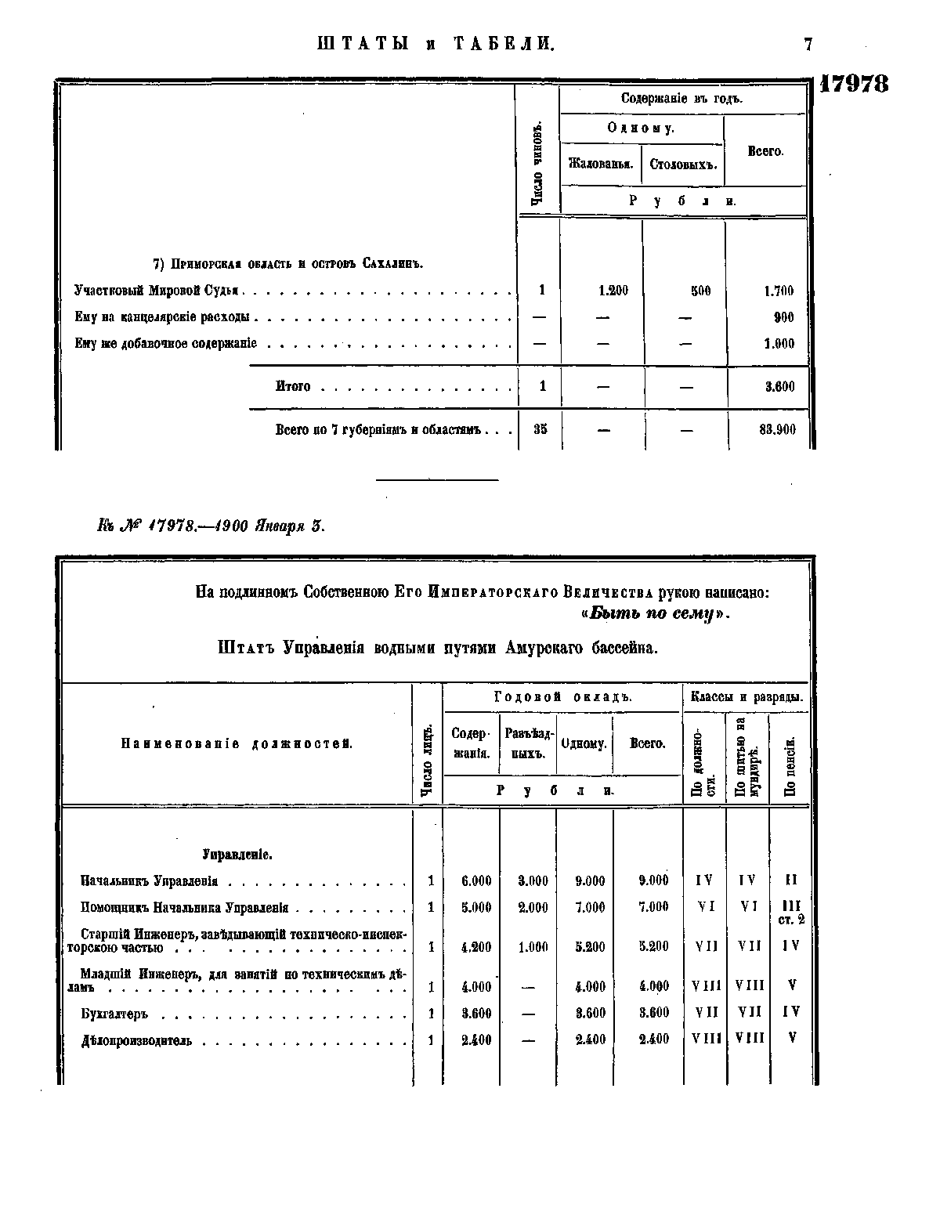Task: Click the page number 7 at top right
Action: coord(808,45)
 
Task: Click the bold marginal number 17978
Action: coord(854,84)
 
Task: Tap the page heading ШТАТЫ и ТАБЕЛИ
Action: coord(436,44)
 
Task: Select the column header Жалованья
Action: coord(601,164)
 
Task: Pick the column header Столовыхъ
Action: coord(683,164)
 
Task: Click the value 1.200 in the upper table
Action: coord(613,291)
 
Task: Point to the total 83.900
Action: coord(778,429)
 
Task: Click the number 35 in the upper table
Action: coord(540,429)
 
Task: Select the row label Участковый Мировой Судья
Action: coord(157,291)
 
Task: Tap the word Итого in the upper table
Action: coord(293,386)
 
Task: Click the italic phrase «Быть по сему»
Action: coord(656,614)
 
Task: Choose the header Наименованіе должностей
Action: coord(237,743)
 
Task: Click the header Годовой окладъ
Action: coord(562,696)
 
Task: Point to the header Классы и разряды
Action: coord(746,696)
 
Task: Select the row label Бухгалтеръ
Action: coord(114,1014)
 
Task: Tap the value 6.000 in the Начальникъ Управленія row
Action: coord(476,880)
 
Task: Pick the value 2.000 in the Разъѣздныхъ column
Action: coord(533,908)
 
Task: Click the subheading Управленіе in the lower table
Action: coord(237,855)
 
